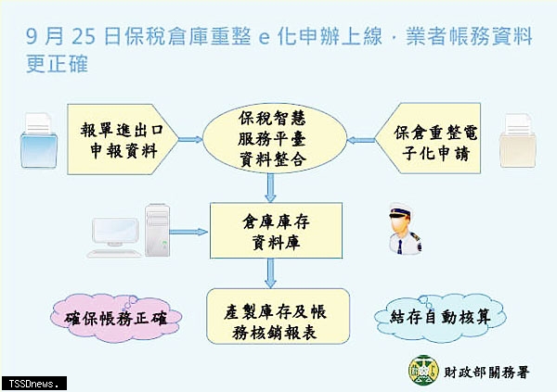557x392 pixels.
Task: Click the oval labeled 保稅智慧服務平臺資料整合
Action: pos(274,138)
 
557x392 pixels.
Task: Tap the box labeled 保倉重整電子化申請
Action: pos(428,138)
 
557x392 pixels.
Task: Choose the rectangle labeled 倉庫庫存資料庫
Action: pos(276,231)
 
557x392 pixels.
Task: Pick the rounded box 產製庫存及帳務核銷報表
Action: pos(278,316)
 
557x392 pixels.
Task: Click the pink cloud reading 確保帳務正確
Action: pos(116,318)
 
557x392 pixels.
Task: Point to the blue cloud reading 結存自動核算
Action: pos(440,317)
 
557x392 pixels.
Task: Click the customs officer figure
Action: pos(405,229)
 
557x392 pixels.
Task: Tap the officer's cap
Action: pos(400,210)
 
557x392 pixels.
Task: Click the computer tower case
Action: pos(157,230)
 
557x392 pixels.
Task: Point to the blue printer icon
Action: pos(38,141)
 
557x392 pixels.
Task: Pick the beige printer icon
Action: pos(518,141)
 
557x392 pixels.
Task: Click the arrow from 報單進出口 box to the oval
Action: pos(190,139)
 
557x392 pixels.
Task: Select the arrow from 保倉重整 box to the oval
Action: pos(361,140)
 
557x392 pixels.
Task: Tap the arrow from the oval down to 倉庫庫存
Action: pos(271,188)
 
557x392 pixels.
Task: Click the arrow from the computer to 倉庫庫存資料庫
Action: pos(188,232)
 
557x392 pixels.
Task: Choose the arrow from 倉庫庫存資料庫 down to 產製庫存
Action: pos(271,273)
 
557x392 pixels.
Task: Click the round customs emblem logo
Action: pos(423,370)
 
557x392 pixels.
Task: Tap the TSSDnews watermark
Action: pos(33,384)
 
